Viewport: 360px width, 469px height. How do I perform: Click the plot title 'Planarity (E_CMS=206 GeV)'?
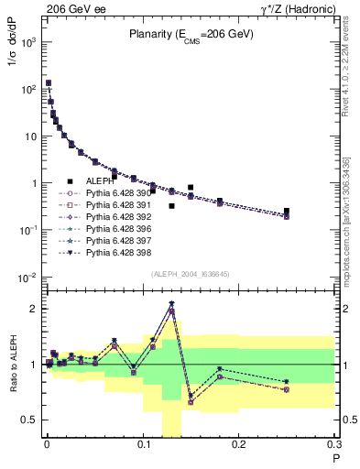(x=191, y=36)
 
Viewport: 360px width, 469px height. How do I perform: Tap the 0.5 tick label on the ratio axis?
(x=28, y=420)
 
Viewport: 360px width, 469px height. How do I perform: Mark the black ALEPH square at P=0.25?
(x=287, y=211)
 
